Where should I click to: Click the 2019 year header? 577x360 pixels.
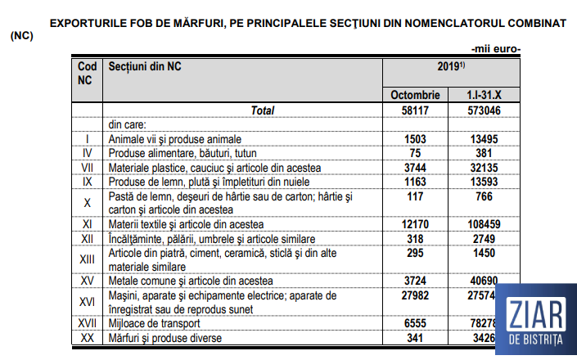click(451, 66)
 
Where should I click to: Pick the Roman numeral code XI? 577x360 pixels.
click(87, 223)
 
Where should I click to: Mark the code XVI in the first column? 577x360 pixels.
click(87, 301)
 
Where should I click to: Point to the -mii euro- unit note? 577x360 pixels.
click(496, 48)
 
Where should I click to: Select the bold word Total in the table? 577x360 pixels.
click(263, 110)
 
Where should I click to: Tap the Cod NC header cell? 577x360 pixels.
click(87, 73)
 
